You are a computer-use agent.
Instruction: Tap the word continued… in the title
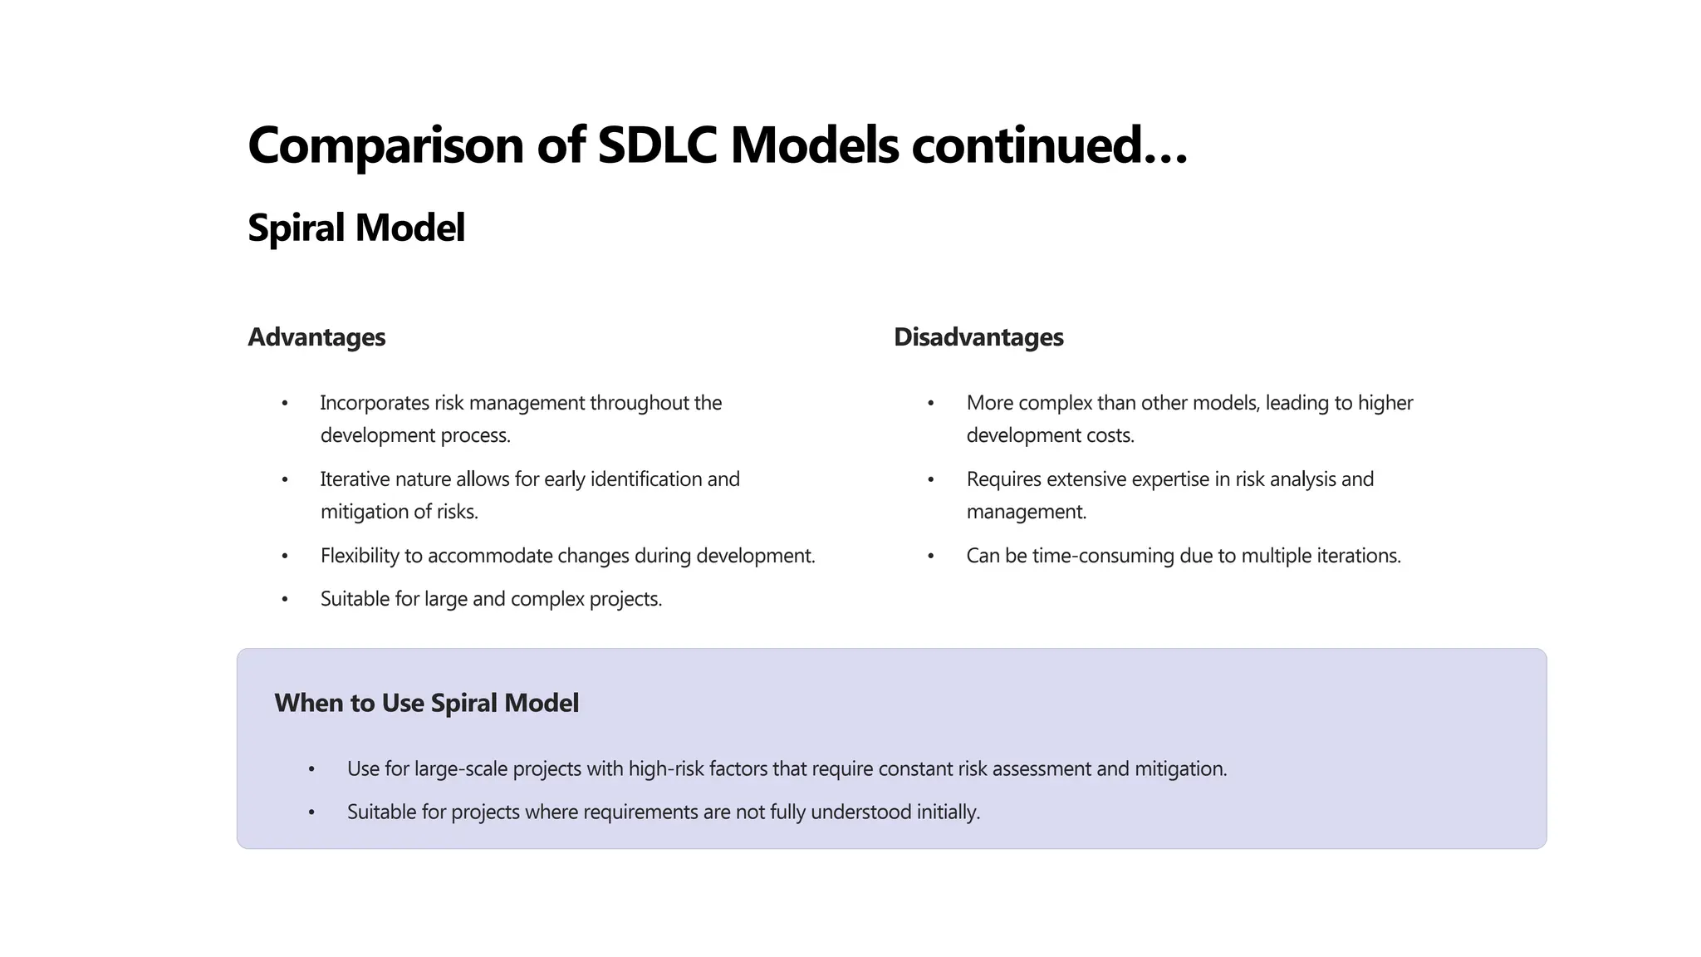pos(1050,145)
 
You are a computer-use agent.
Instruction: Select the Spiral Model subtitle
pos(356,228)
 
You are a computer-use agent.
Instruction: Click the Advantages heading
pos(316,337)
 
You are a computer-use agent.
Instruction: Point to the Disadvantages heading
pos(978,337)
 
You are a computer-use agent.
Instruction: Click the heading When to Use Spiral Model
pos(426,704)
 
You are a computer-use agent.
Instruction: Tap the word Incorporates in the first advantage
pos(374,403)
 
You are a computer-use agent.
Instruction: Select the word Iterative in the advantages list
pos(355,479)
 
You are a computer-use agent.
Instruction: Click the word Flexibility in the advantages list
pos(360,556)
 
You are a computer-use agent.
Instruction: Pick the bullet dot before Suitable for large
pos(285,599)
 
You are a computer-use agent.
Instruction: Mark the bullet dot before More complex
pos(931,404)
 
